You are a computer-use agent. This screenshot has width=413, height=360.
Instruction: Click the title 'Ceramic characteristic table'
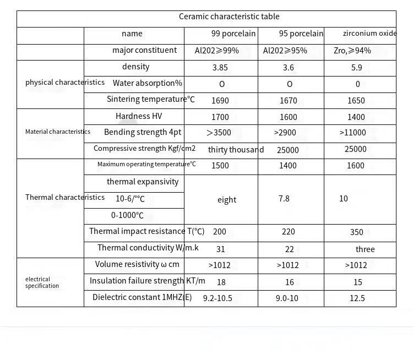pyautogui.click(x=229, y=17)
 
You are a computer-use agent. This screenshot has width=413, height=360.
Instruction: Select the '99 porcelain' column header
pyautogui.click(x=233, y=34)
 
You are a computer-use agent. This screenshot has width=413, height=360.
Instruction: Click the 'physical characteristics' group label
pyautogui.click(x=65, y=83)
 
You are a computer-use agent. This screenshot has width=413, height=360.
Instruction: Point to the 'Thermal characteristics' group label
pyautogui.click(x=65, y=198)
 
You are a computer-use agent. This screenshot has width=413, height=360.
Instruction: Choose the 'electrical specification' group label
pyautogui.click(x=42, y=282)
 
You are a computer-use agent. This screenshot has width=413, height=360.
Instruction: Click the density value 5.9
pyautogui.click(x=357, y=68)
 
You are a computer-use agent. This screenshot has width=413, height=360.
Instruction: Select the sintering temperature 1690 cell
pyautogui.click(x=220, y=101)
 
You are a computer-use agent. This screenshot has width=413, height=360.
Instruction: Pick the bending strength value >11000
pyautogui.click(x=353, y=133)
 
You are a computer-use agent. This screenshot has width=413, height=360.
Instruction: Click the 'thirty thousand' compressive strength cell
pyautogui.click(x=236, y=150)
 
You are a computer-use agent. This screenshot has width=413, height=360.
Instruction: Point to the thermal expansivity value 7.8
pyautogui.click(x=284, y=199)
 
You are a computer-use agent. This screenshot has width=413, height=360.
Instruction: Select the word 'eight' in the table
pyautogui.click(x=227, y=200)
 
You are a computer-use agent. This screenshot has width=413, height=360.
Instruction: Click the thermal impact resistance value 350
pyautogui.click(x=357, y=232)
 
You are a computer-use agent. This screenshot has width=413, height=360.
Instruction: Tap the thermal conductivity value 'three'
pyautogui.click(x=365, y=249)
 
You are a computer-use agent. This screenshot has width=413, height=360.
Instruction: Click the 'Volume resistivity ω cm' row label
pyautogui.click(x=137, y=264)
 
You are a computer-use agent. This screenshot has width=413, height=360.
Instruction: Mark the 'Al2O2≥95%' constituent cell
pyautogui.click(x=285, y=51)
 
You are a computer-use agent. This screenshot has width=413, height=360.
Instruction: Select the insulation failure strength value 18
pyautogui.click(x=221, y=282)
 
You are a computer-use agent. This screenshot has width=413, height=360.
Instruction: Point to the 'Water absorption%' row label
pyautogui.click(x=147, y=83)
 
